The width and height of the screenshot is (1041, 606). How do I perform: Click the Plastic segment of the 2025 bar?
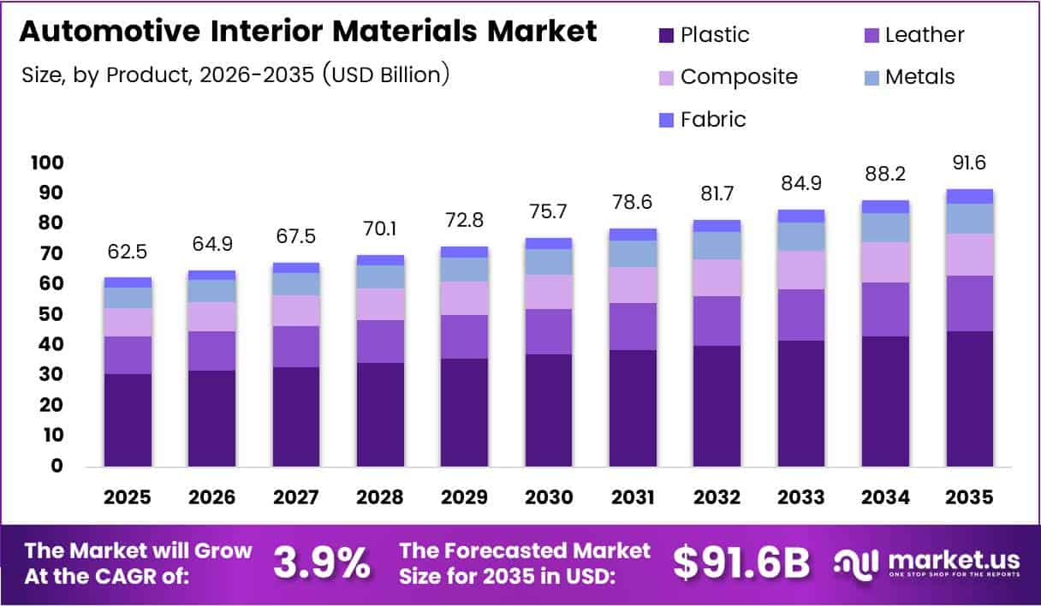(x=128, y=419)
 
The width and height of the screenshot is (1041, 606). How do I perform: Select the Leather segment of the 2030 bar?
(x=549, y=331)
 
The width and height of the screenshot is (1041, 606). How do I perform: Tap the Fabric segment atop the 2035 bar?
(x=970, y=196)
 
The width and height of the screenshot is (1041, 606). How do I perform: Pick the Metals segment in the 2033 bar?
(x=801, y=236)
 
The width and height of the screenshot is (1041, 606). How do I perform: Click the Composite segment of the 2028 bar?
(x=380, y=304)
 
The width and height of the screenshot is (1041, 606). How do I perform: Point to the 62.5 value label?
(x=128, y=254)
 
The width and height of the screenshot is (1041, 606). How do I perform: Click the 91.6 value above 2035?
(x=970, y=163)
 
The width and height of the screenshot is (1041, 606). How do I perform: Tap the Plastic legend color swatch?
(x=667, y=36)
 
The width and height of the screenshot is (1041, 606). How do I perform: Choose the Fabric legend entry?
(x=712, y=120)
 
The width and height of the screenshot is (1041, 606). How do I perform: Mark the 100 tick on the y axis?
(x=46, y=163)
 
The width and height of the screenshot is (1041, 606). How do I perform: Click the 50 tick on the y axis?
(x=51, y=314)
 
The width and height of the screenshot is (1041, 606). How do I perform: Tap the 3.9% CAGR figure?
(x=322, y=563)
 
